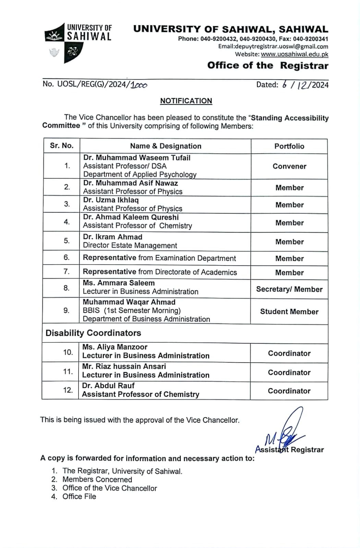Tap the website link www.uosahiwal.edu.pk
coord(294,54)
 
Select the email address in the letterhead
coord(273,47)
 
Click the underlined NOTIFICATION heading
coord(186,101)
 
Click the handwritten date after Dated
coord(305,85)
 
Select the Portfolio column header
coord(289,146)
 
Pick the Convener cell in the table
coord(289,166)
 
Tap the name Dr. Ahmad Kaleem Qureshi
coord(131,217)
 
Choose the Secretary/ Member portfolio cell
coord(289,289)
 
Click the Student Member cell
coord(289,312)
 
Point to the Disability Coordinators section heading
coord(93,333)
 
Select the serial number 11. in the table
coord(68,372)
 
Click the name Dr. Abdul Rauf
coord(108,386)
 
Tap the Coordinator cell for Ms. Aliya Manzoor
coord(289,353)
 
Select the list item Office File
coord(79,497)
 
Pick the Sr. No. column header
coord(62,146)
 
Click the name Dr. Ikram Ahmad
coord(112,237)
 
